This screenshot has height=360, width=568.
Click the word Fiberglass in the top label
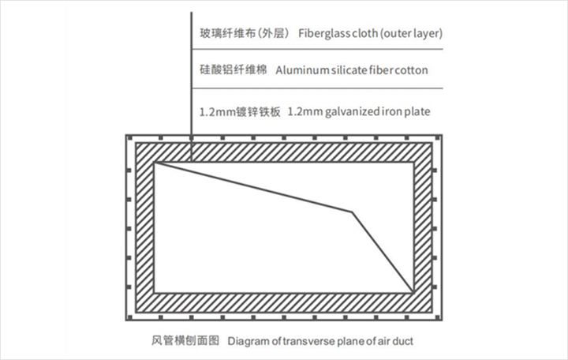[324, 33]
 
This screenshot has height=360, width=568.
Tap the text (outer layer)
[411, 33]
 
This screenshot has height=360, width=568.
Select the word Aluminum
[302, 70]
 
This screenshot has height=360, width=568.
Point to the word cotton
[412, 70]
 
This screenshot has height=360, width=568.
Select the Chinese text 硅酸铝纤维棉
[234, 69]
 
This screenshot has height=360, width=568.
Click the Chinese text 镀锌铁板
[258, 111]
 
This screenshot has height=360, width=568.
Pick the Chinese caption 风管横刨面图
[185, 341]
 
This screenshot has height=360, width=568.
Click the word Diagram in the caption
[248, 342]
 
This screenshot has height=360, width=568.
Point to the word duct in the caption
[403, 342]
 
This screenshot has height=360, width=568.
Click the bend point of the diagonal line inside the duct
[352, 212]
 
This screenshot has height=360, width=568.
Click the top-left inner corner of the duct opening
[155, 163]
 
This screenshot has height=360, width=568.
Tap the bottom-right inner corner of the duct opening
[413, 292]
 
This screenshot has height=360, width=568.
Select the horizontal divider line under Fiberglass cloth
[317, 49]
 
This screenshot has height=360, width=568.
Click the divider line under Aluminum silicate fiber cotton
[317, 88]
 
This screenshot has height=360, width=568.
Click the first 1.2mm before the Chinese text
[218, 112]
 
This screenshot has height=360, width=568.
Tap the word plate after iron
[417, 111]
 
